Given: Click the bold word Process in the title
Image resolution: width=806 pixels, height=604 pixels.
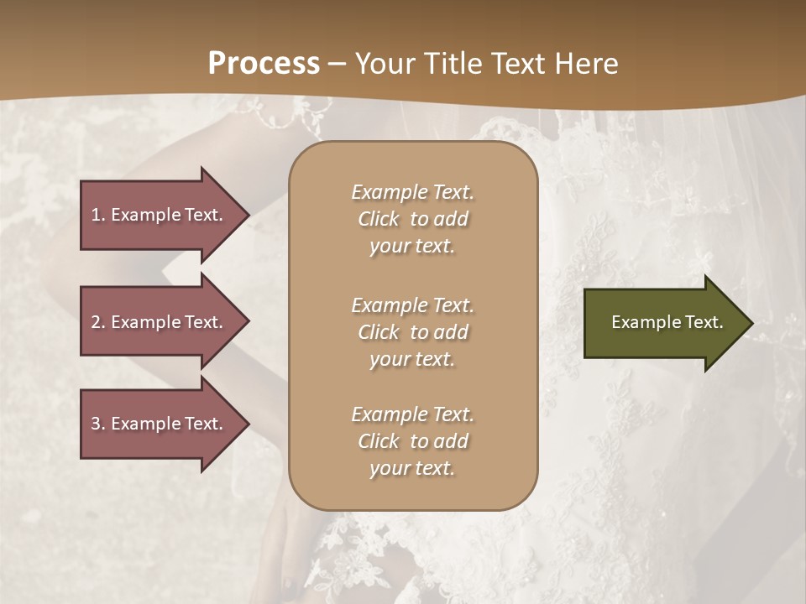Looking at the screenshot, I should click(264, 64).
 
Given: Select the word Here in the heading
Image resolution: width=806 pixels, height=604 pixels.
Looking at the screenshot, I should click(584, 64).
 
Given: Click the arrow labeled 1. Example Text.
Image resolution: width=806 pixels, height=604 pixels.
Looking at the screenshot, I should click(160, 215).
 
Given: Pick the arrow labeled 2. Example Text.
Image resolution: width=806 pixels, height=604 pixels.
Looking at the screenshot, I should click(160, 322).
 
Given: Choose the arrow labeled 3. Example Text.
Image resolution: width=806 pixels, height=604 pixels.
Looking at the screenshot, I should click(160, 424).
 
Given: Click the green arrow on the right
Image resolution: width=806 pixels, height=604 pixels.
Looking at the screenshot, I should click(663, 323).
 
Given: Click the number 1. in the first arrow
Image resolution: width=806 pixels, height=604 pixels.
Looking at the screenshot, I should click(98, 215).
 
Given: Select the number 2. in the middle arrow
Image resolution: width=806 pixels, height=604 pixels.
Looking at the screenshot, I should click(98, 322).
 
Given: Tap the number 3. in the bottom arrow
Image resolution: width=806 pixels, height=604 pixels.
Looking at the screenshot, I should click(98, 424).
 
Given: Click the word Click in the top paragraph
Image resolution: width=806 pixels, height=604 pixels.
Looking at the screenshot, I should click(379, 219).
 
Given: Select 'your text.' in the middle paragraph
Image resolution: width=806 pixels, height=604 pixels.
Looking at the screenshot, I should click(412, 359).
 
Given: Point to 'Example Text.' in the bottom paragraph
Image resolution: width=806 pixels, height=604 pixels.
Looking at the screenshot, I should click(412, 414).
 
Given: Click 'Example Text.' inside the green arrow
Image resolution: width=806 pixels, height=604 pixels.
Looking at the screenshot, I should click(667, 322).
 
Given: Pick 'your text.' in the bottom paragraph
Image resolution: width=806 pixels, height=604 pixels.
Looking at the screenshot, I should click(412, 468).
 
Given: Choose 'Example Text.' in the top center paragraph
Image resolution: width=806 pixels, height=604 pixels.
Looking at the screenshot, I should click(412, 192).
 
